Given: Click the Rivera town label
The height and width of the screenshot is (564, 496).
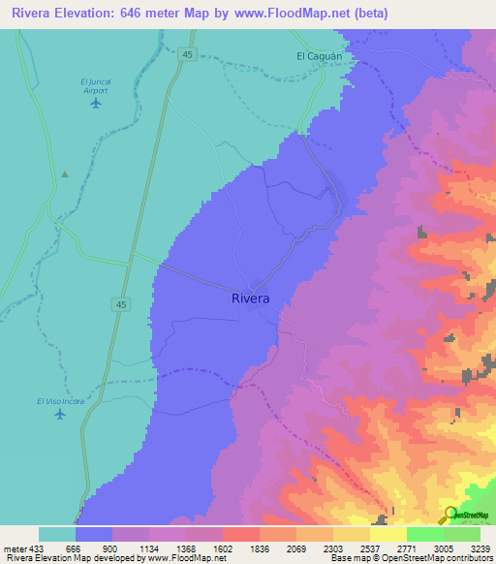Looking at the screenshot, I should click(251, 298).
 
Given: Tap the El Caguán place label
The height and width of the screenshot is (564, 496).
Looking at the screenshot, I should click(321, 56).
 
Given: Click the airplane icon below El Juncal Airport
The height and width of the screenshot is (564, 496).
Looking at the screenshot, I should click(95, 103).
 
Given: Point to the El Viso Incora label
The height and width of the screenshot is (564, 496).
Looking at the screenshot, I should click(60, 401).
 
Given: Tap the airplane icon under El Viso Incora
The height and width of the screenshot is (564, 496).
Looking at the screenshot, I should click(60, 416).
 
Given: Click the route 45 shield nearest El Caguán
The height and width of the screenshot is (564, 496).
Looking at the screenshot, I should click(187, 55).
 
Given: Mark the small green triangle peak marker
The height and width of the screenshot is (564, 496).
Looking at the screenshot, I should click(65, 174).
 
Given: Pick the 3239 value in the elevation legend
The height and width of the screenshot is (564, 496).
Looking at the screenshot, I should click(480, 548).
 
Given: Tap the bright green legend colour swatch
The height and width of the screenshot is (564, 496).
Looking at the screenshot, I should click(424, 534).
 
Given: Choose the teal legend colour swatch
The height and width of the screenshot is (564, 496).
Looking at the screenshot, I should click(57, 534).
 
